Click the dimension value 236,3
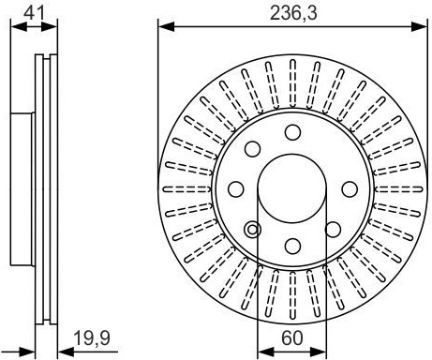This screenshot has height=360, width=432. pyautogui.click(x=293, y=13)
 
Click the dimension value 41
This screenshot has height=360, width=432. pyautogui.click(x=34, y=13)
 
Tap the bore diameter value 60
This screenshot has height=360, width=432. pyautogui.click(x=292, y=337)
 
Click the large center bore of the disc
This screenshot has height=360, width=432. pyautogui.click(x=292, y=188)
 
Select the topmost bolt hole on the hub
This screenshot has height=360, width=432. pyautogui.click(x=292, y=132)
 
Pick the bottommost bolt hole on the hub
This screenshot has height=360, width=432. pyautogui.click(x=292, y=246)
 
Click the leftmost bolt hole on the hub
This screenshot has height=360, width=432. pyautogui.click(x=236, y=189)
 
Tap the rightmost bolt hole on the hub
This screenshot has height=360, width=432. pyautogui.click(x=350, y=189)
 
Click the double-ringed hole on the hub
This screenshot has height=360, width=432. pyautogui.click(x=252, y=230)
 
